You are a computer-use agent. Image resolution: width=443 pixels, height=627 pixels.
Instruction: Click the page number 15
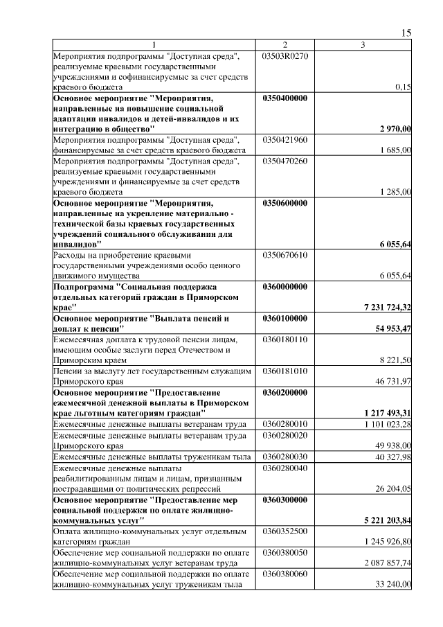[406, 33]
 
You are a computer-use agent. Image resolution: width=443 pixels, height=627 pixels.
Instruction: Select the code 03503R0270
[285, 55]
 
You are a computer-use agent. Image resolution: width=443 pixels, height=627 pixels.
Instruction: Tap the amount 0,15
[403, 88]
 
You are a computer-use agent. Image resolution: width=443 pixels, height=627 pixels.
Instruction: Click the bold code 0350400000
[285, 98]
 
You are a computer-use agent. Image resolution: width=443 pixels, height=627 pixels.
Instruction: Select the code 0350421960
[285, 140]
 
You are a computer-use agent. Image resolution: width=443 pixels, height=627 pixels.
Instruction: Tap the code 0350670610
[285, 255]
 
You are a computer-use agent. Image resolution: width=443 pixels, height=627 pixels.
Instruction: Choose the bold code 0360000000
[285, 286]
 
